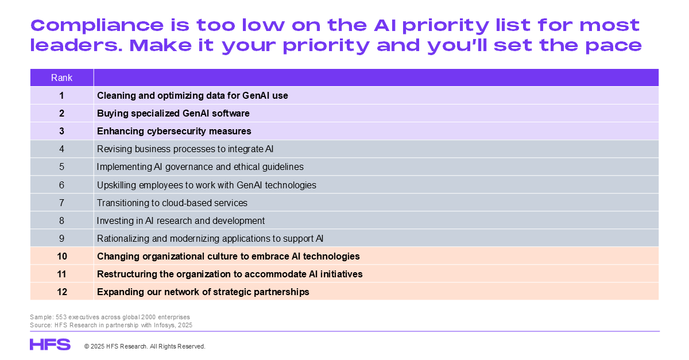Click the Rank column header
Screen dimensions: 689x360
point(61,78)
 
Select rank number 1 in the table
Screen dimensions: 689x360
point(61,96)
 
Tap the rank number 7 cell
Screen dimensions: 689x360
point(61,203)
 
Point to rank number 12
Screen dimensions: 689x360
point(62,292)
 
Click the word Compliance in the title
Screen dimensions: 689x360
point(97,26)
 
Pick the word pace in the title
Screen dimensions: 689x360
point(613,46)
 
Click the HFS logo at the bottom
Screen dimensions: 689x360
point(50,344)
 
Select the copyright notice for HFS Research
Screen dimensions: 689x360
point(145,346)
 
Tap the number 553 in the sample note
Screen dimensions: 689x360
point(61,317)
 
